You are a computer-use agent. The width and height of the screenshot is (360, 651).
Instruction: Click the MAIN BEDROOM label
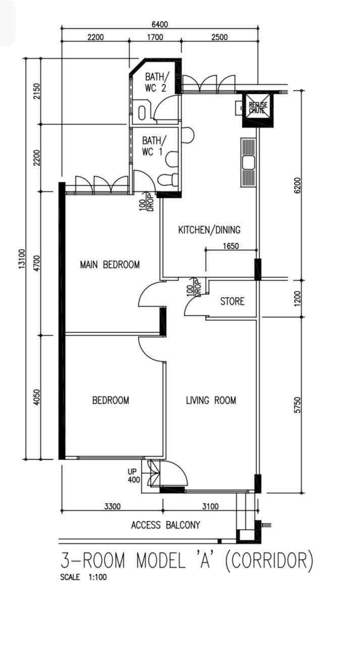110,265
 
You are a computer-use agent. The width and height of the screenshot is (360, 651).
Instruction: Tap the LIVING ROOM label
211,401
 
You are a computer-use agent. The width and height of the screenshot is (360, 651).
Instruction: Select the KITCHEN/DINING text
210,230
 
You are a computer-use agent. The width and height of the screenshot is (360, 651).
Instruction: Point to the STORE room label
232,301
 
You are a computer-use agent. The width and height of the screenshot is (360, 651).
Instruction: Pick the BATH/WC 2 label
156,82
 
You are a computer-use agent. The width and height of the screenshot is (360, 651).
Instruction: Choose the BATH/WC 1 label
154,146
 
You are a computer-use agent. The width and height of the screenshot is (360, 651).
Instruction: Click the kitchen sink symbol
248,162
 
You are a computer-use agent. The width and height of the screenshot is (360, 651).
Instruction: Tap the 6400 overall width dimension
160,24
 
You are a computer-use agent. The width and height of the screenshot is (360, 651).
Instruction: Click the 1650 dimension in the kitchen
231,246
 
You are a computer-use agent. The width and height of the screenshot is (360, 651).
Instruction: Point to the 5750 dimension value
297,405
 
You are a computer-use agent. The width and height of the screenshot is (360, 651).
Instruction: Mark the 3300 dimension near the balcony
112,507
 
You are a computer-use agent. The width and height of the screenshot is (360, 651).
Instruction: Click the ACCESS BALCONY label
166,525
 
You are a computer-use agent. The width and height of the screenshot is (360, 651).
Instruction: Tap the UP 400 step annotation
134,476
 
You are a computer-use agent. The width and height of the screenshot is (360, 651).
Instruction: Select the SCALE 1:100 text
83,577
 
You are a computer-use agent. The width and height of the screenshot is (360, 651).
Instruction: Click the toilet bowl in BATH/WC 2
141,113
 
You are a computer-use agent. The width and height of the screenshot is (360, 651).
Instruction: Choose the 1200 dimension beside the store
297,298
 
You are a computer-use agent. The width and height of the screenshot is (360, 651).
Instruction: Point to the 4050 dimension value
36,397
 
